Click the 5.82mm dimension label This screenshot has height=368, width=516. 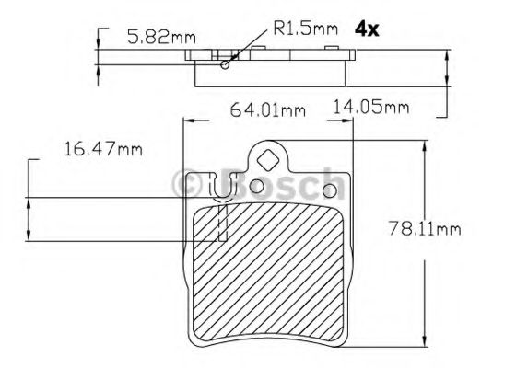point(160,38)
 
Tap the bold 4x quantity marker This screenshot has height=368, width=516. point(368,29)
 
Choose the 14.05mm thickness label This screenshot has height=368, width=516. point(369,108)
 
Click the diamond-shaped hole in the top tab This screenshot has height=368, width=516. point(266,157)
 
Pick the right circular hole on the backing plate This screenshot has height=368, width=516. point(327,189)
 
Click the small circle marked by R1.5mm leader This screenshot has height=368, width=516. point(225,65)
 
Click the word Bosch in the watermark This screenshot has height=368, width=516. point(276,185)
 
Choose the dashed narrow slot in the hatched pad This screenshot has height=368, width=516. point(221,224)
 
